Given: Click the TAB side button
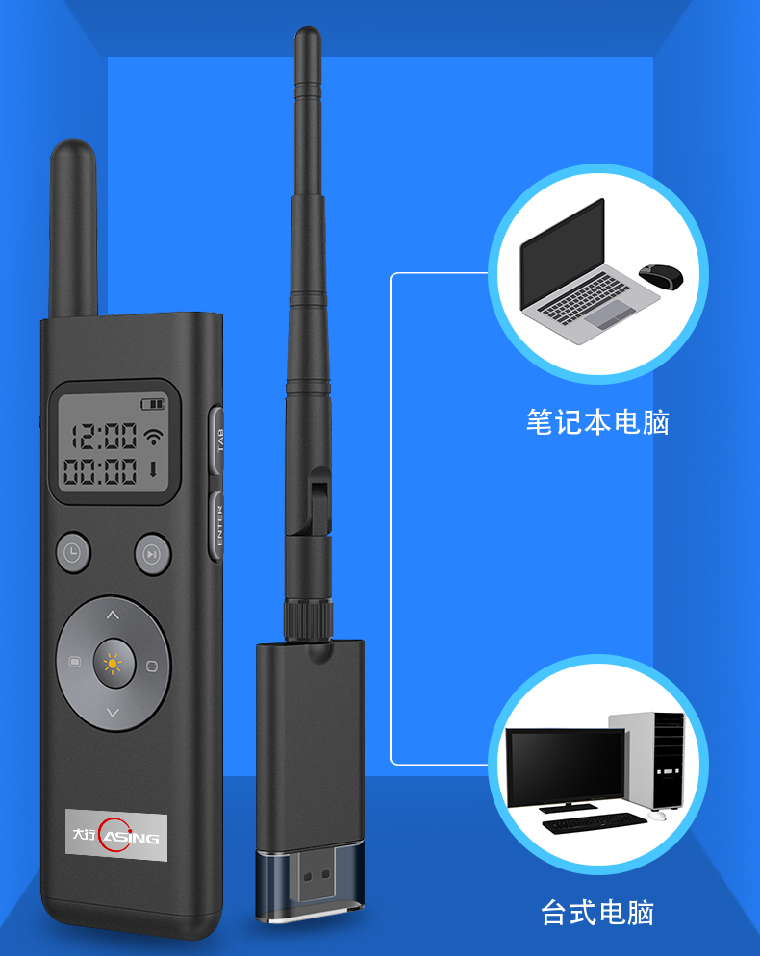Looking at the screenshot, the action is click(x=216, y=440).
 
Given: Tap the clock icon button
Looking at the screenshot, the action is click(x=73, y=553).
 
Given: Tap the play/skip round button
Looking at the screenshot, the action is click(x=153, y=554).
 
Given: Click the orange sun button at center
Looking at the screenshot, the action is click(x=114, y=664).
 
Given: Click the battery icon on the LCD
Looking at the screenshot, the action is click(x=153, y=404).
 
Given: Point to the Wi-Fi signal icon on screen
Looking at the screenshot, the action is click(x=154, y=436).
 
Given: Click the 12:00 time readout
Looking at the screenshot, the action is click(x=105, y=437).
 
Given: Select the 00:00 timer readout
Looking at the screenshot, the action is click(x=101, y=471).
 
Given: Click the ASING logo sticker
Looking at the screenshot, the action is click(x=115, y=835).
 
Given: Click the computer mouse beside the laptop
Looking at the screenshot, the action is click(x=661, y=276).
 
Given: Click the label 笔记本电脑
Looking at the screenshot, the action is click(x=597, y=422).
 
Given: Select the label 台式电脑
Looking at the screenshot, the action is click(x=597, y=913).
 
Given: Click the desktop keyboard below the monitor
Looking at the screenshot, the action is click(x=595, y=822).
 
